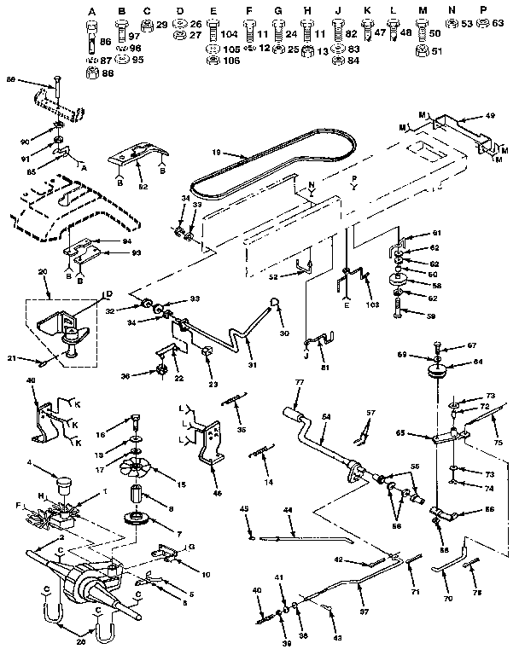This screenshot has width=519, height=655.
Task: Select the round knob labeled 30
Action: click(x=275, y=303)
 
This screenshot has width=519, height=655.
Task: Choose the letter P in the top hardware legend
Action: click(x=483, y=11)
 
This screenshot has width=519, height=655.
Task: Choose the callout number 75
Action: click(x=499, y=443)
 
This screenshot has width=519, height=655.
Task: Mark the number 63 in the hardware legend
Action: click(x=497, y=25)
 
